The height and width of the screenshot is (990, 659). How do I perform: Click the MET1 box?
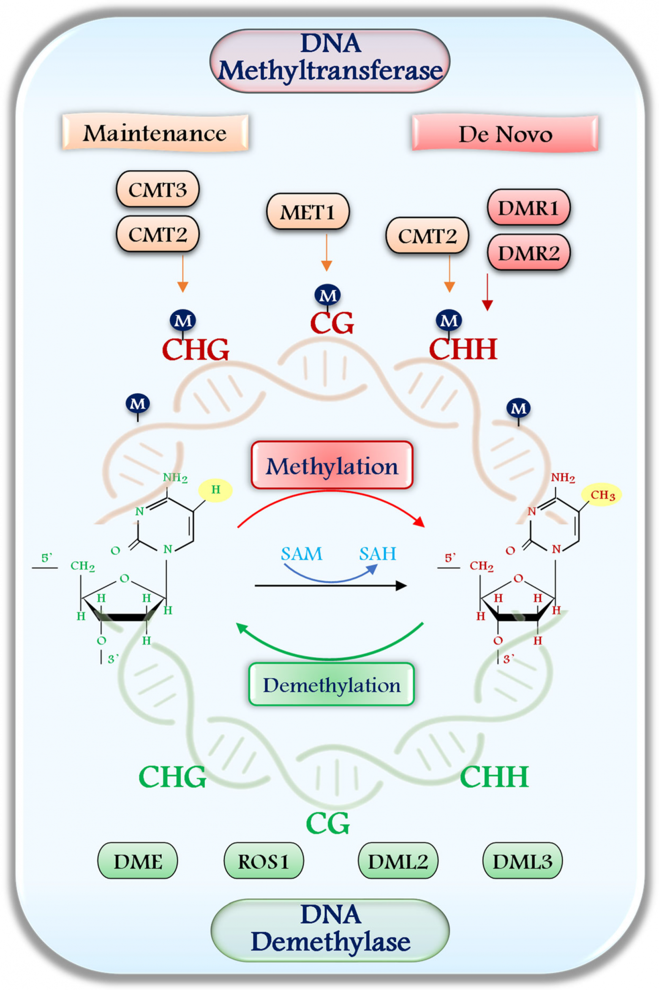(308, 212)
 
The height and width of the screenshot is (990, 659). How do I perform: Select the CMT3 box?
(158, 189)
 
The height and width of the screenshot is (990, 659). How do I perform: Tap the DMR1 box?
(528, 207)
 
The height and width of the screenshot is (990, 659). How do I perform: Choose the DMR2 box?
(528, 253)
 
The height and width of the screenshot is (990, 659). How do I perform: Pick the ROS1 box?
(264, 861)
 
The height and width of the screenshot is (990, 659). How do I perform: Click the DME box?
(138, 861)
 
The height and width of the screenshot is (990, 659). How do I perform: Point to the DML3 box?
(522, 861)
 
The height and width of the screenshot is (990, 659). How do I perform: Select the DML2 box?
(398, 861)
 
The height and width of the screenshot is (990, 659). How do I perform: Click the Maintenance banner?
(155, 133)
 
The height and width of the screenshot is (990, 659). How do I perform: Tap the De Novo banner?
(505, 133)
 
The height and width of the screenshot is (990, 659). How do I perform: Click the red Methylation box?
(332, 465)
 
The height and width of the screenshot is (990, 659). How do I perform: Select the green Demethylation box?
(332, 685)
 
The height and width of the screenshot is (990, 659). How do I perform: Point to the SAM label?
(302, 554)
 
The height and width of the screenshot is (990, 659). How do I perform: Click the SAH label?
(378, 554)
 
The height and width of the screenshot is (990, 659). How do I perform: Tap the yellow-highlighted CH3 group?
(602, 495)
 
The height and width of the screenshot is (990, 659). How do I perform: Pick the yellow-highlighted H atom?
(215, 490)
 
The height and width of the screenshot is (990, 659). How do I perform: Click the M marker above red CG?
(327, 295)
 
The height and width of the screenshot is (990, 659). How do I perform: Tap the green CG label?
(328, 824)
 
